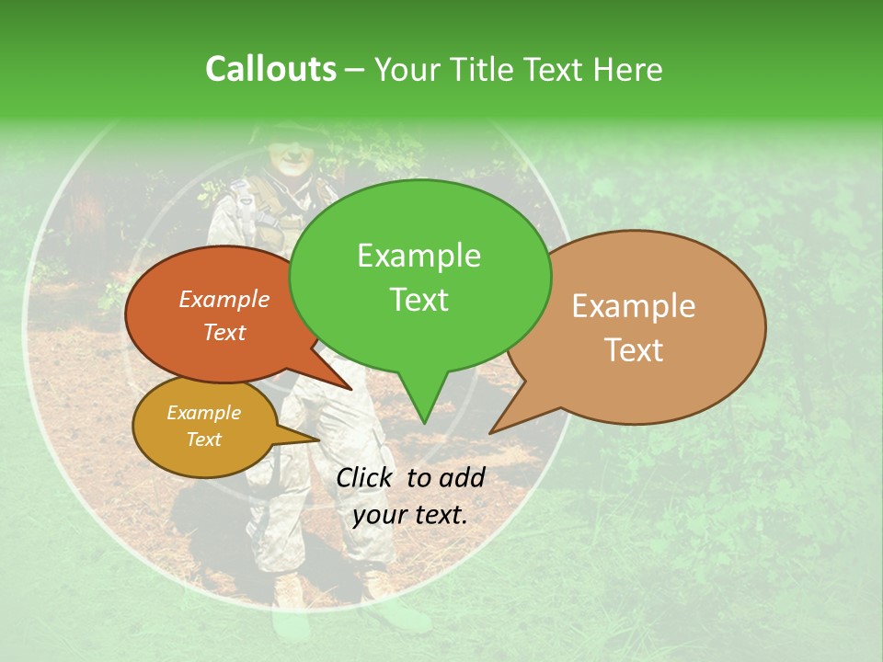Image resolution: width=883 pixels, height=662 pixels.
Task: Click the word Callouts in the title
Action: pyautogui.click(x=270, y=69)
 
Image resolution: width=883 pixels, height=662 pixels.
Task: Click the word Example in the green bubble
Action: pyautogui.click(x=419, y=256)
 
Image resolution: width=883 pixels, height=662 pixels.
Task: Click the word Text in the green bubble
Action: pyautogui.click(x=419, y=300)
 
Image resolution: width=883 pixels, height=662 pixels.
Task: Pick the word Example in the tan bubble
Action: pyautogui.click(x=634, y=306)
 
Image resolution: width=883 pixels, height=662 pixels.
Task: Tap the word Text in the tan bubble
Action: pyautogui.click(x=634, y=350)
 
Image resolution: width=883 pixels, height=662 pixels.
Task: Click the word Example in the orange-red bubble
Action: pyautogui.click(x=224, y=299)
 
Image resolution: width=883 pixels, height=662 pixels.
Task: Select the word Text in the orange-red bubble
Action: pyautogui.click(x=224, y=332)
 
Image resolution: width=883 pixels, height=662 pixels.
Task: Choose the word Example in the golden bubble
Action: pyautogui.click(x=203, y=413)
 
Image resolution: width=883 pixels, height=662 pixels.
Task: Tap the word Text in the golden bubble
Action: pyautogui.click(x=203, y=439)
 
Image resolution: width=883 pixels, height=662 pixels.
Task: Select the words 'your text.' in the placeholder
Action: pyautogui.click(x=410, y=515)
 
